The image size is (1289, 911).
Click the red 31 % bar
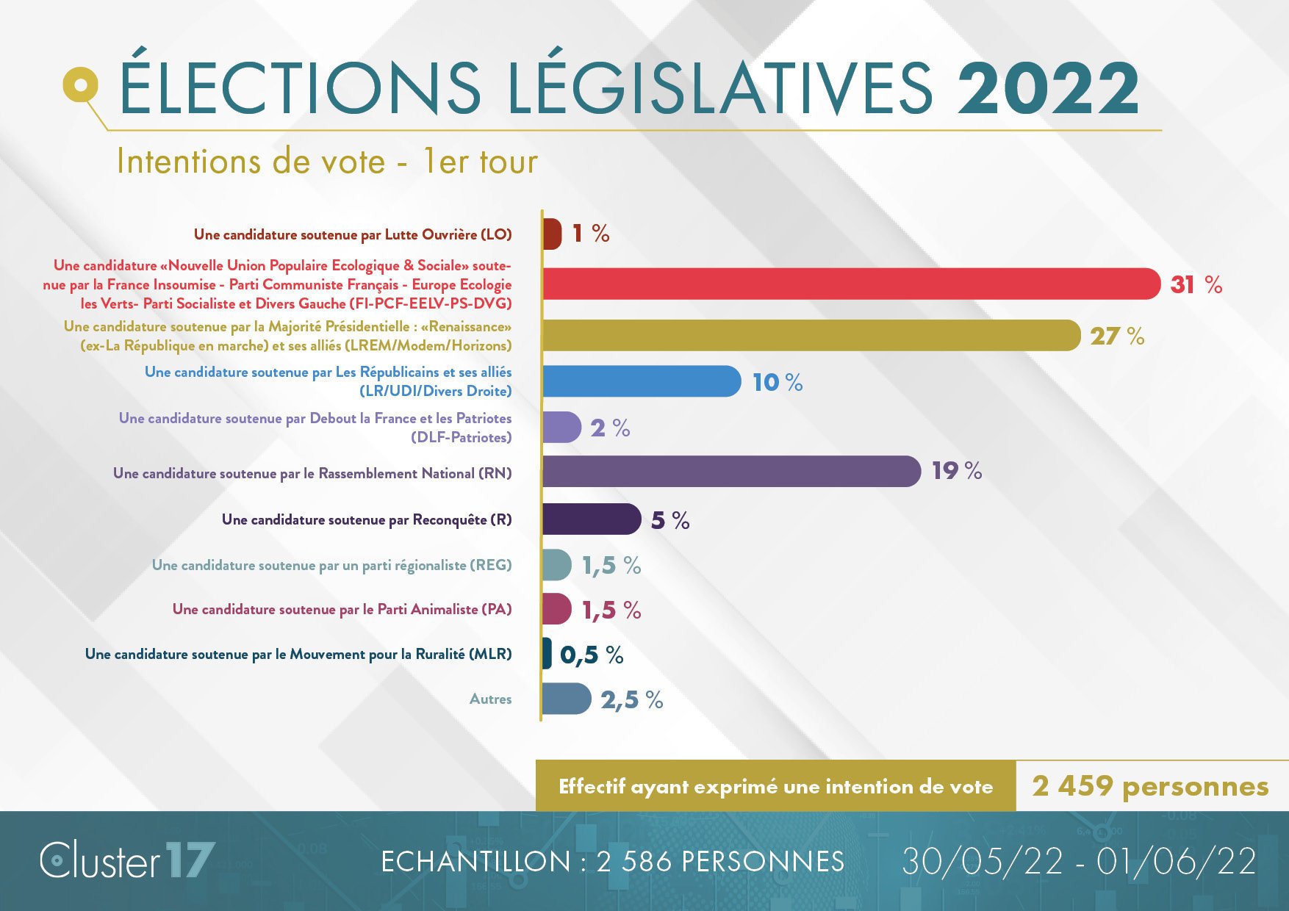(x=851, y=284)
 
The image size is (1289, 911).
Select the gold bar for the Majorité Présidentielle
(x=811, y=336)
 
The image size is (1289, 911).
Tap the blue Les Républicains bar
(x=641, y=381)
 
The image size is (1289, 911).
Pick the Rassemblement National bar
(x=730, y=472)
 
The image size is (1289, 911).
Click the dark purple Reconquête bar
(x=591, y=519)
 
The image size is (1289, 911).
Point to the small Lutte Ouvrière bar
(x=552, y=234)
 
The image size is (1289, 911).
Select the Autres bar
(x=566, y=699)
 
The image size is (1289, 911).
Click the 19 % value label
(x=956, y=471)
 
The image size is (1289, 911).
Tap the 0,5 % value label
(x=591, y=655)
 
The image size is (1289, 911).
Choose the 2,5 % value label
(x=631, y=700)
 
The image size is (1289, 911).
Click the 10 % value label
(x=777, y=382)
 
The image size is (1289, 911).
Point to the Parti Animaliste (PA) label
(x=342, y=609)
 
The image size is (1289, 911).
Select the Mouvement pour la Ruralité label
(x=298, y=654)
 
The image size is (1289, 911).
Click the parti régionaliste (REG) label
(x=331, y=565)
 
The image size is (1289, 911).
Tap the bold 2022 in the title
(x=1047, y=88)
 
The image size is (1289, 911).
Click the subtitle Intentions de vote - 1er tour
(x=327, y=162)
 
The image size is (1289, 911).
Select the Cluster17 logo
(x=127, y=860)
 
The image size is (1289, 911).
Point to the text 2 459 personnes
(x=1150, y=786)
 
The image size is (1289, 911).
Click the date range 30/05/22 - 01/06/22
(x=1078, y=861)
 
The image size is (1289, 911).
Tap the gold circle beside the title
(x=81, y=84)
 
